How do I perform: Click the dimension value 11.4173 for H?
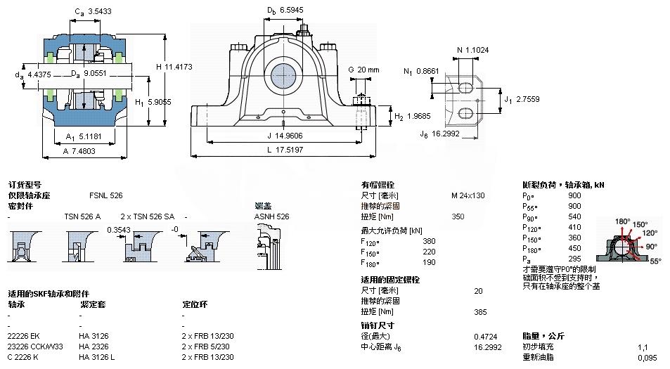(x=179, y=67)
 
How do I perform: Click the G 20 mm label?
(x=363, y=70)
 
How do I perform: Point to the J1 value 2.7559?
(x=528, y=100)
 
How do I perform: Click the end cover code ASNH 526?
(x=272, y=217)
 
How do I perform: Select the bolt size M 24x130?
(x=468, y=195)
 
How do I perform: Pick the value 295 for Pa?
(x=574, y=259)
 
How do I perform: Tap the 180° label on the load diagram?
(x=622, y=221)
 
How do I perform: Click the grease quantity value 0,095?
(x=647, y=358)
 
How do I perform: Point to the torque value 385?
(x=480, y=311)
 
